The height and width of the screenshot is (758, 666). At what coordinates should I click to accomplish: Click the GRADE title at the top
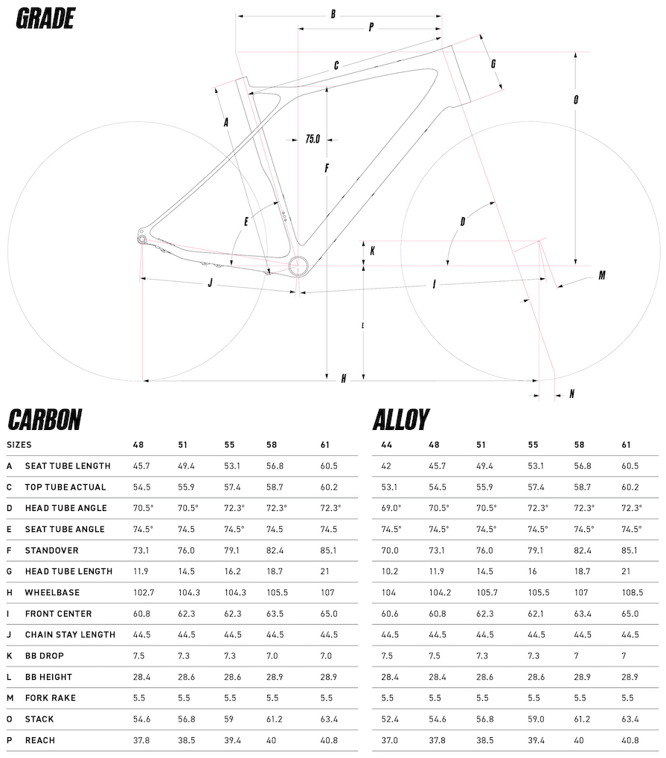click(45, 19)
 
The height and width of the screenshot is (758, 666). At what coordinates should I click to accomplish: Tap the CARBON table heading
click(45, 420)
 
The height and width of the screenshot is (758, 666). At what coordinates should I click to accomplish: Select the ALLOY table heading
click(401, 420)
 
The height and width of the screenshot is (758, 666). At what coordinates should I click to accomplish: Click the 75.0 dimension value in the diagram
click(313, 138)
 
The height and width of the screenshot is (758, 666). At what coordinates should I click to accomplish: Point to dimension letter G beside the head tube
click(493, 64)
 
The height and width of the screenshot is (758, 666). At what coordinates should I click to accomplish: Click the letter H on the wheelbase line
click(343, 379)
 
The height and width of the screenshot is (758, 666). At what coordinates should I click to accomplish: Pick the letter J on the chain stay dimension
click(211, 283)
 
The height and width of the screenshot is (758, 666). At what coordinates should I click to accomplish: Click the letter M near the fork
click(601, 275)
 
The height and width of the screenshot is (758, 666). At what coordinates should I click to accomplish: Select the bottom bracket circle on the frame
click(298, 266)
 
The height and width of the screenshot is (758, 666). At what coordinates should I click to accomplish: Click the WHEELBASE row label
click(52, 593)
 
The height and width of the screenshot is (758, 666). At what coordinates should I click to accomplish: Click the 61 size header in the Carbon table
click(324, 445)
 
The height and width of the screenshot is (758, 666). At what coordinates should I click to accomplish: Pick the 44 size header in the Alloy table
click(385, 445)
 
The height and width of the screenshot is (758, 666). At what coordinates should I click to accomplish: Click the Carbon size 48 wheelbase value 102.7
click(143, 593)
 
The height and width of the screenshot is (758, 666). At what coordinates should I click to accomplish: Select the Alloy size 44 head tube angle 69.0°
click(391, 508)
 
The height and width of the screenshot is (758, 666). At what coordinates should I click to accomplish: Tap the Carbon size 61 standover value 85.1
click(329, 550)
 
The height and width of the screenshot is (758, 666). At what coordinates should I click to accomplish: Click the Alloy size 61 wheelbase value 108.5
click(631, 593)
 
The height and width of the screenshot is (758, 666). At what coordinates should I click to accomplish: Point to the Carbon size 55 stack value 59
click(229, 719)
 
